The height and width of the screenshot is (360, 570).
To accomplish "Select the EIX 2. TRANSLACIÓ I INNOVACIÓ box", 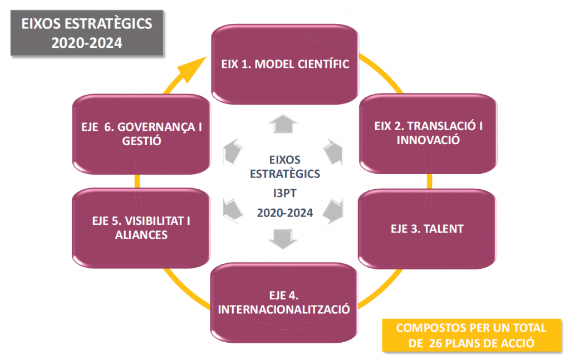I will [428, 133].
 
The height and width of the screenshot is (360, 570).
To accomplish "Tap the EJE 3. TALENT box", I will [426, 229].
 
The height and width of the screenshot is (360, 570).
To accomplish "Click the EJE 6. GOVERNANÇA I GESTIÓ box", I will [141, 134].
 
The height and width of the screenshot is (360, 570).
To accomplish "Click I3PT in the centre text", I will [285, 194].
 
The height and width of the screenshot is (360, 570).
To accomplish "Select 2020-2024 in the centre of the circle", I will [285, 212].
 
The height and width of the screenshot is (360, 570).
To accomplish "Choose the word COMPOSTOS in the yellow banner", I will [425, 328].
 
